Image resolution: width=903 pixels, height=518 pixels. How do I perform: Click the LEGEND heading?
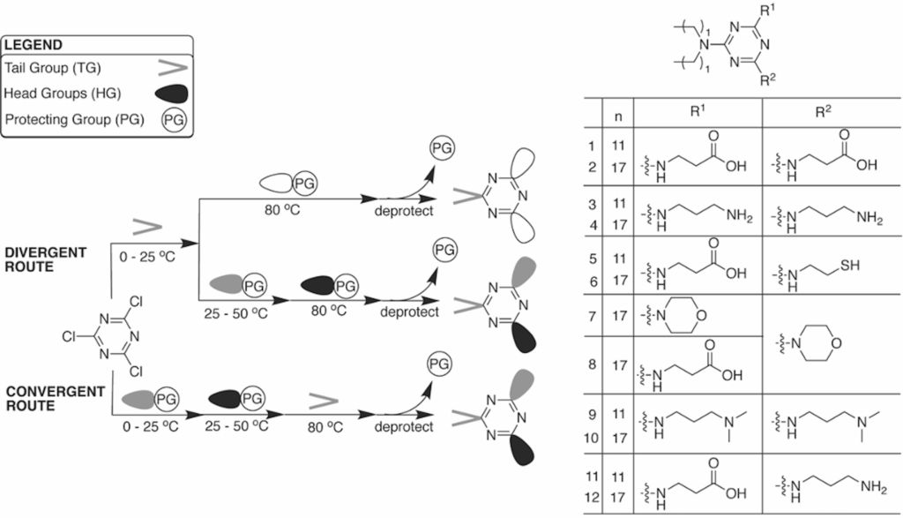[x=34, y=45]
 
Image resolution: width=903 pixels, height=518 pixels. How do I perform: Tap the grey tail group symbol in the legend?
[x=173, y=69]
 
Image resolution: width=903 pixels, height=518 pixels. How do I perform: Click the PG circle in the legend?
[x=175, y=120]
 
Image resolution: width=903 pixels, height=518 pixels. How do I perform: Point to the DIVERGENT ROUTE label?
[x=46, y=259]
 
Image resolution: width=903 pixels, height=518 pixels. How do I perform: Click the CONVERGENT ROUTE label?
[x=56, y=399]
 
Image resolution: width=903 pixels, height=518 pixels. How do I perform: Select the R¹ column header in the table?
[x=698, y=111]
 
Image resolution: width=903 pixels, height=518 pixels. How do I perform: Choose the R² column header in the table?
[x=823, y=112]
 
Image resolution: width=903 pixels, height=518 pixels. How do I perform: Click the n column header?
[x=618, y=116]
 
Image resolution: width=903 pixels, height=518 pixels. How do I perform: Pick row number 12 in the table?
[x=592, y=497]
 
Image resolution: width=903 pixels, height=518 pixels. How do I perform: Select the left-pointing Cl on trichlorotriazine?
[x=69, y=336]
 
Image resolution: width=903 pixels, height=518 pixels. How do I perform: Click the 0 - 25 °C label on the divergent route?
[x=147, y=257]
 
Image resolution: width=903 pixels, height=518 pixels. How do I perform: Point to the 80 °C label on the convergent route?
[x=325, y=427]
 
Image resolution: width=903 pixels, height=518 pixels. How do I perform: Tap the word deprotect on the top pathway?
[x=404, y=211]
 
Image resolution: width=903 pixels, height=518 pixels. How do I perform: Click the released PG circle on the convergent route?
[x=439, y=364]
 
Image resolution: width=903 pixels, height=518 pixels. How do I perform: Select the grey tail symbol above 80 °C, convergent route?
[x=323, y=402]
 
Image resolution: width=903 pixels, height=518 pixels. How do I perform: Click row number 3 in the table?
[x=593, y=204]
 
